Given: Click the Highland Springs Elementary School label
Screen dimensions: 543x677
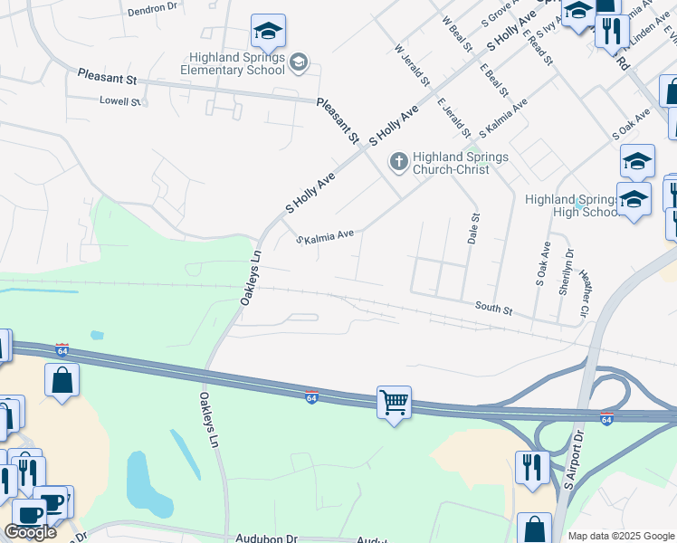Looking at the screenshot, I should [x=233, y=63].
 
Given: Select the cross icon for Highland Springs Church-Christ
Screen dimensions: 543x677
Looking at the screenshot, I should [x=397, y=163].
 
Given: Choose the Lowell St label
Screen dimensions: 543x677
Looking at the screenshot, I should [x=120, y=101].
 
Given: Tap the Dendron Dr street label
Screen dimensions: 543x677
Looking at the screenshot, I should [x=152, y=7].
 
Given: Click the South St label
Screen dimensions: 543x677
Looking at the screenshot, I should [x=494, y=309].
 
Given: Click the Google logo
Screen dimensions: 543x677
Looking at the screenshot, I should [x=30, y=532].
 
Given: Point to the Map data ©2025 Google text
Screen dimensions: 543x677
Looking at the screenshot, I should [x=620, y=536].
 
